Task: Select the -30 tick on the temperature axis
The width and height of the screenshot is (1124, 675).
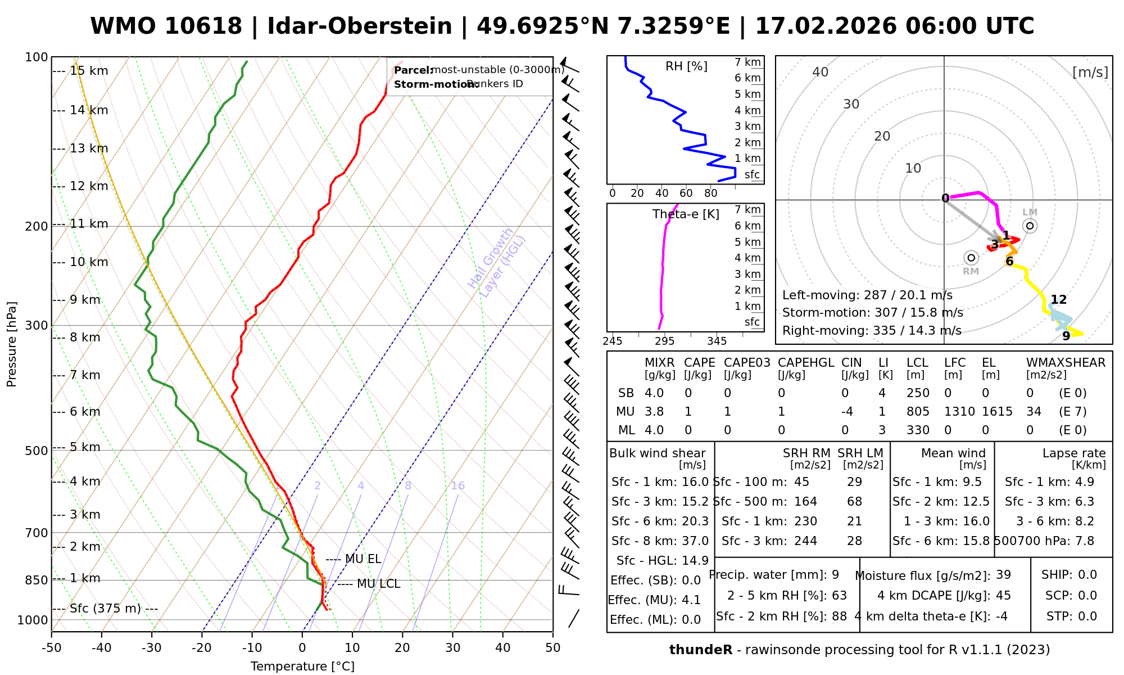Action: coord(152,648)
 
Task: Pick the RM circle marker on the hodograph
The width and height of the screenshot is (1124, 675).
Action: coord(971,258)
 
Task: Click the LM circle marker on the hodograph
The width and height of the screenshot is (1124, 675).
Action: coord(1030,226)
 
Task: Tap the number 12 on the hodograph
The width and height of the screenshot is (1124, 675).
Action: coord(1059,300)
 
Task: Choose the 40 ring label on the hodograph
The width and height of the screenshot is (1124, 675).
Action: coord(821,72)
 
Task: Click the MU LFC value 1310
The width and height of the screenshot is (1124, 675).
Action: coord(959,412)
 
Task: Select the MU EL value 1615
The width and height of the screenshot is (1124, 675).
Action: coord(997,412)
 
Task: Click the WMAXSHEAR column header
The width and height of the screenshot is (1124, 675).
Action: coord(1066,363)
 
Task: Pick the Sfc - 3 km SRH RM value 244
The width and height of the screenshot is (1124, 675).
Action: coord(805,541)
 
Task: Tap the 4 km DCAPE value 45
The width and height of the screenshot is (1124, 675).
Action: coord(1003,596)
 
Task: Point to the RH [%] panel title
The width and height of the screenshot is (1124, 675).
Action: coord(686,66)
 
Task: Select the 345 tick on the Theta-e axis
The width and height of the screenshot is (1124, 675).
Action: coord(717,341)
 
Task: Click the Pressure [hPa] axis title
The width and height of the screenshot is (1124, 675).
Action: coord(12,344)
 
